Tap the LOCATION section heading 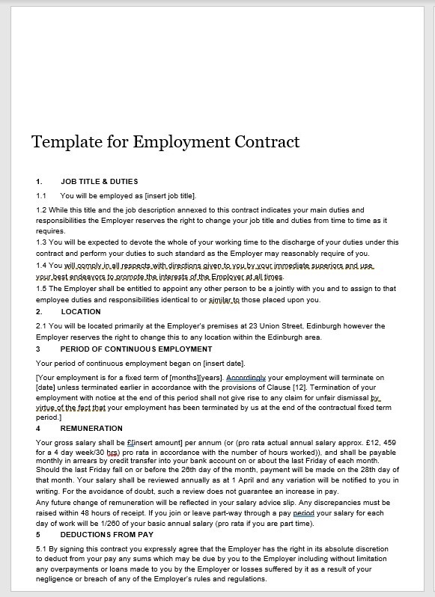(x=81, y=311)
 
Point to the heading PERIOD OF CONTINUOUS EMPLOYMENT (x=136, y=349)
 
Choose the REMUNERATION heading (x=91, y=429)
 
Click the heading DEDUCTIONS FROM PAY (x=109, y=536)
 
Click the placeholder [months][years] (x=198, y=378)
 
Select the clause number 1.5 (x=41, y=289)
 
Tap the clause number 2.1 (x=41, y=326)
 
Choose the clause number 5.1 (x=41, y=550)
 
